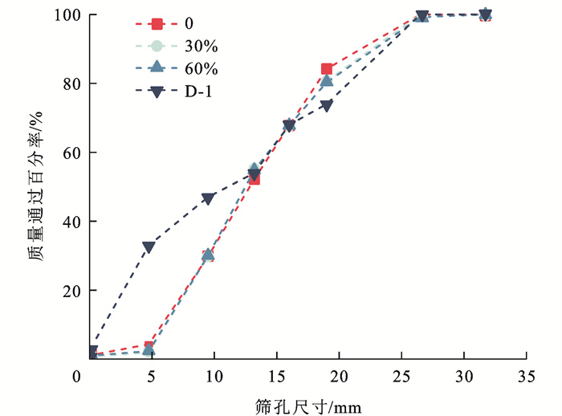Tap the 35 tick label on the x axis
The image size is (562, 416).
pos(527,377)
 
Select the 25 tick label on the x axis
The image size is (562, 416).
pos(401,377)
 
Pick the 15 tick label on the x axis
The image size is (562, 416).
pos(276,377)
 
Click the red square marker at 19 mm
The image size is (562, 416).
pos(327,69)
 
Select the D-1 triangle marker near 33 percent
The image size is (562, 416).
pos(149,247)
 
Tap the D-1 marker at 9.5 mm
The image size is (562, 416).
pos(208,198)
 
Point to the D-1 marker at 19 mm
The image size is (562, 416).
pos(327,105)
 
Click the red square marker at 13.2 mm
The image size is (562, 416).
pos(254,179)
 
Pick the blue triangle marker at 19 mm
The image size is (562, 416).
pos(327,80)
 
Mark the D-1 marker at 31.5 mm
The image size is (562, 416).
pos(485,14)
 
